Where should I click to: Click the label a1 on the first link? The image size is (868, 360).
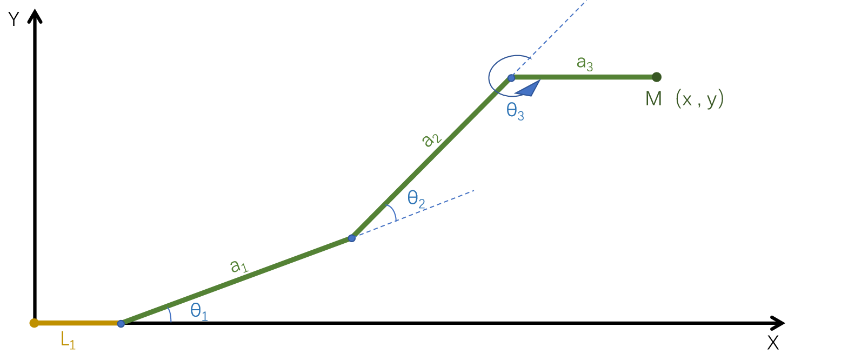pos(238,266)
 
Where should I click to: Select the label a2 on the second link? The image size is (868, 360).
pos(431,140)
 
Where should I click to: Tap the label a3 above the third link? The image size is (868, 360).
pos(585,63)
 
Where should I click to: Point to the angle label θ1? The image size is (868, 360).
pos(199,312)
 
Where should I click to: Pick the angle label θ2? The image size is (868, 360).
pos(416,199)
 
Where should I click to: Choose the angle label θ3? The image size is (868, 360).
pos(515,111)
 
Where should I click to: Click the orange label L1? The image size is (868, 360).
pos(68,341)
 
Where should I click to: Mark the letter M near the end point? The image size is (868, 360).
pos(653,99)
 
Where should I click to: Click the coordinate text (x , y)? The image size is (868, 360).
pos(699,99)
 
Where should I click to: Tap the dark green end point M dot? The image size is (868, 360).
pos(657,77)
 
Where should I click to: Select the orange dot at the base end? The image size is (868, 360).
pos(34,323)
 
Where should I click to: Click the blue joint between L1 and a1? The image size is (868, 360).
pos(121,324)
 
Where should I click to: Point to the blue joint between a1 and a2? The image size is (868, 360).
pos(352,238)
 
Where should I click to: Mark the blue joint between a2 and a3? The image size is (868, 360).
pos(511,78)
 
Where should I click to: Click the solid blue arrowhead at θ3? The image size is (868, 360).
pos(529,89)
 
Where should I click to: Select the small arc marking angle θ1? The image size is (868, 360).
pos(170,315)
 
